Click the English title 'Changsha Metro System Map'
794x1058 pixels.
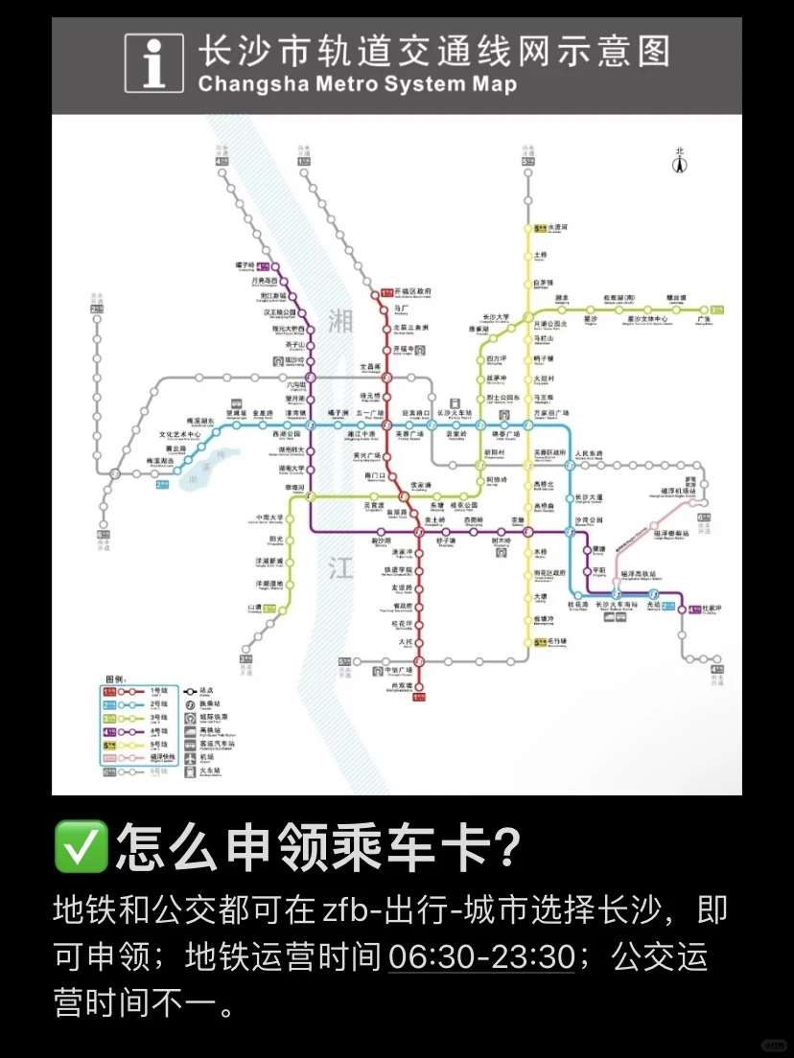point(357,84)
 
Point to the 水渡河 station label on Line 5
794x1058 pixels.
point(557,228)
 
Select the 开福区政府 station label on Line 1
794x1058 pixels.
point(413,291)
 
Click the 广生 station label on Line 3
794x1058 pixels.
point(705,320)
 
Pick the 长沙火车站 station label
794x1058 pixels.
point(456,413)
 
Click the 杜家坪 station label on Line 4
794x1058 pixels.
point(712,609)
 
